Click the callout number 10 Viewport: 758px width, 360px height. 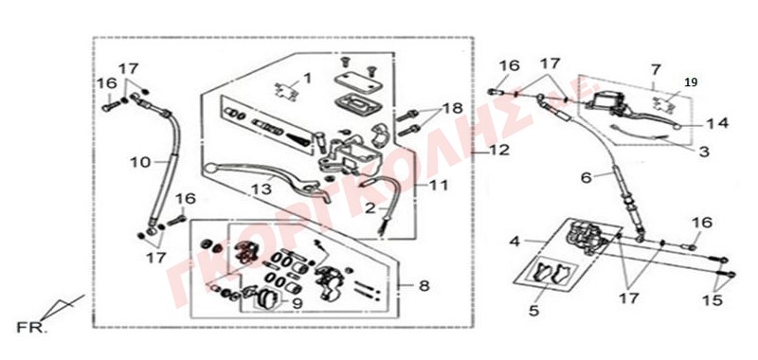pos(140,162)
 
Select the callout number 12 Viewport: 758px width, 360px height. pos(499,151)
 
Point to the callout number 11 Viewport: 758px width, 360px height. pos(438,185)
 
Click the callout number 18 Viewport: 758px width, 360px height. pos(452,107)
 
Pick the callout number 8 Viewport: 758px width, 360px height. pos(424,286)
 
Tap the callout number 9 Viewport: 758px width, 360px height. pos(298,304)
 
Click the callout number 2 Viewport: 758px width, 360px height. pos(370,208)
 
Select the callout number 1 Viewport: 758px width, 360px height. pos(308,79)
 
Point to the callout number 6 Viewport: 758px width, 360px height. pos(586,178)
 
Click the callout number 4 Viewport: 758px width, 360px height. pos(514,242)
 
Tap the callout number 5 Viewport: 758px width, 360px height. pos(533,310)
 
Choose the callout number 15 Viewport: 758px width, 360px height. pos(713,300)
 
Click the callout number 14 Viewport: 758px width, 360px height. pos(717,124)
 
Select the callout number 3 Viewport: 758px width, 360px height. pos(704,152)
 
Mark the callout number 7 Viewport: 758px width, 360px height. pos(655,69)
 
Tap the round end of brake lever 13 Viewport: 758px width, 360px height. pos(209,169)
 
